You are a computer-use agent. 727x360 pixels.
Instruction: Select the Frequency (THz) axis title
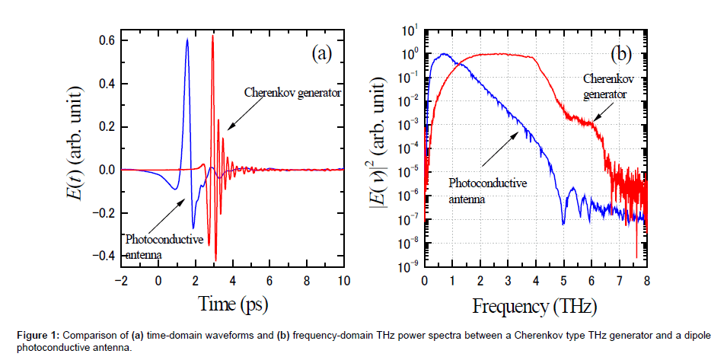535,307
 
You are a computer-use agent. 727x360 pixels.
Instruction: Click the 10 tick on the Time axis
344,280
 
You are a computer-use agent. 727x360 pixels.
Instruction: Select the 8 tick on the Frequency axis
646,280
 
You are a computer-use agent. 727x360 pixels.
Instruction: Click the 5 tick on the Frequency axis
563,280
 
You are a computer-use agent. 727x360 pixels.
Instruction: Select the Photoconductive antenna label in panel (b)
488,190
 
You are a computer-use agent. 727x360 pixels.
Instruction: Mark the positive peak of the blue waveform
187,40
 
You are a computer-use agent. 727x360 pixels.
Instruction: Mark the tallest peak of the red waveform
212,36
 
